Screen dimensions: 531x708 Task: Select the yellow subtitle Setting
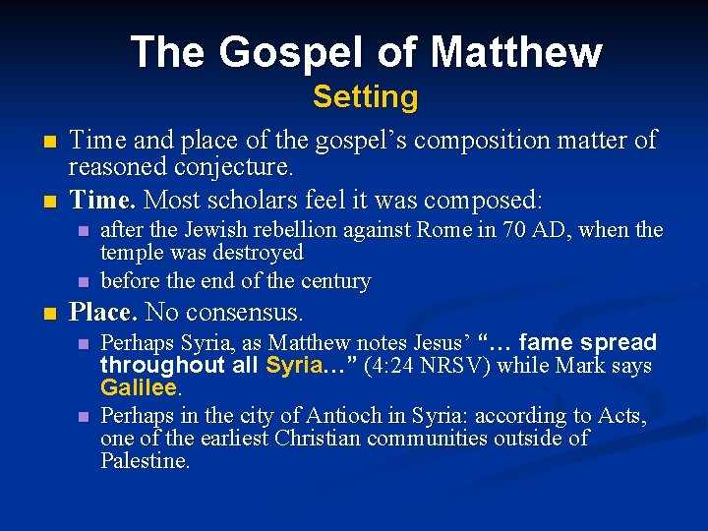pos(365,97)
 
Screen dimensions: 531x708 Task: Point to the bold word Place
pos(102,313)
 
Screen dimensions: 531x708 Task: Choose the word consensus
pos(254,313)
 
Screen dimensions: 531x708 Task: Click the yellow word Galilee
pos(137,387)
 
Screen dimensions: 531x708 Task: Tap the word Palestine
pos(145,460)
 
